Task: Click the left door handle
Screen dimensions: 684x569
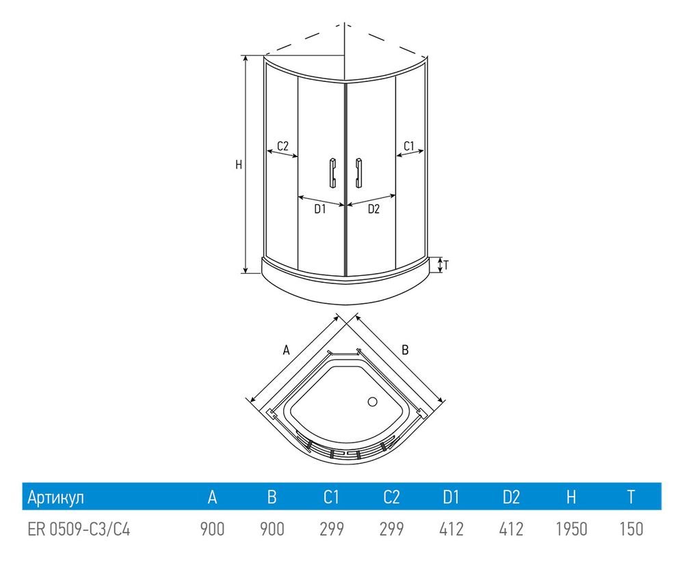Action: (x=332, y=173)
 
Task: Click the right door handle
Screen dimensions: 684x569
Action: (x=358, y=173)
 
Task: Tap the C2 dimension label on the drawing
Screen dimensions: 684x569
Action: (x=282, y=146)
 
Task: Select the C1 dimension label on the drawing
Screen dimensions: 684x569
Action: (x=408, y=146)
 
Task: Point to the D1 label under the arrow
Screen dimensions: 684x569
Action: (x=320, y=209)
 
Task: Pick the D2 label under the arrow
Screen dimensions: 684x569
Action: (x=373, y=209)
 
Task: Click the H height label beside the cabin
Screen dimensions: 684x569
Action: (x=238, y=165)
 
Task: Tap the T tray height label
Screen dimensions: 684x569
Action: (x=446, y=264)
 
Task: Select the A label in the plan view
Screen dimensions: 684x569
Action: (x=286, y=350)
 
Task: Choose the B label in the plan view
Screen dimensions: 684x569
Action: (x=405, y=350)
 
